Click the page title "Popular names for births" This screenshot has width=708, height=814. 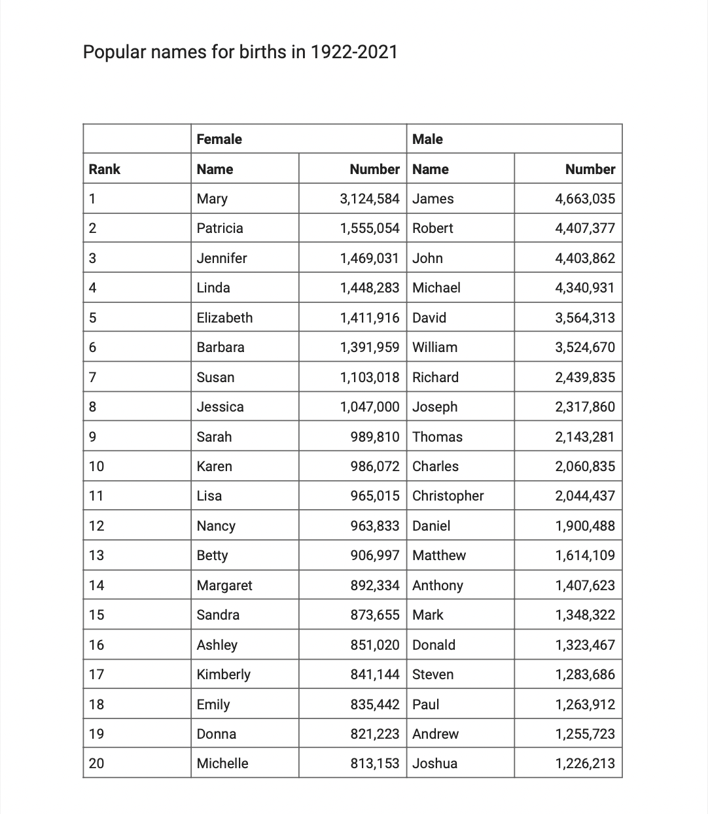tap(239, 52)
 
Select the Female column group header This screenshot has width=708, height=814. tap(219, 139)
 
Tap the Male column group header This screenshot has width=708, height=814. tap(427, 139)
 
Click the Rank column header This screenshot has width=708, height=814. tap(105, 169)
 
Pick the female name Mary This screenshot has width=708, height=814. tap(212, 199)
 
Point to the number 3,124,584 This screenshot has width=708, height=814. tap(369, 199)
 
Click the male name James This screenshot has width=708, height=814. tap(433, 199)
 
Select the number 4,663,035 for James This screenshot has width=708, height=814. tap(585, 199)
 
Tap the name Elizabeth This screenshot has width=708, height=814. tap(224, 318)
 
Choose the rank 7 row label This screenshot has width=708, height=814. tap(92, 378)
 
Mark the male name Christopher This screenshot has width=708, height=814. tap(448, 496)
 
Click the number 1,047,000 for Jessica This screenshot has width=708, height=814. tap(369, 407)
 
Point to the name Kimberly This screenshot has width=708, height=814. tap(223, 675)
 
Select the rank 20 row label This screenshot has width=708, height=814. tap(96, 764)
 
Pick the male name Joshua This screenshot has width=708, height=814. tap(434, 764)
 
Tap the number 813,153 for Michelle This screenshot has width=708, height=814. tap(374, 764)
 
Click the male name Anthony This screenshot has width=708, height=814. tap(437, 586)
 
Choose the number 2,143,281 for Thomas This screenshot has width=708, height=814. tap(585, 437)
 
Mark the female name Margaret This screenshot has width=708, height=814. tap(224, 586)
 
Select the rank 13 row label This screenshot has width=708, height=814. tap(96, 556)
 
